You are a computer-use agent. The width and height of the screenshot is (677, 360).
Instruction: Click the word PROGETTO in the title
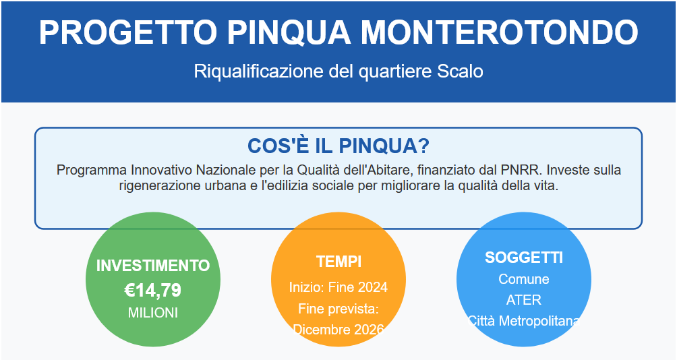tap(128, 32)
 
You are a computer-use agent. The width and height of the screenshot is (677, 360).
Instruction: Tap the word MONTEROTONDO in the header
tap(499, 32)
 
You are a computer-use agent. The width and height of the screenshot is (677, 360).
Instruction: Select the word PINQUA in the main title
tap(289, 32)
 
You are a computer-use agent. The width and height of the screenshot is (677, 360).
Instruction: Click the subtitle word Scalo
tap(460, 71)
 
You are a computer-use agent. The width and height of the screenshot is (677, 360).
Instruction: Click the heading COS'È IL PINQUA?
tap(338, 146)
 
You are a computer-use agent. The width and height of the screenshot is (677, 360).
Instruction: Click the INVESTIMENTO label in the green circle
tap(153, 266)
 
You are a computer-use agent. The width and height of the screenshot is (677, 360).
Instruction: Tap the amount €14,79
tap(153, 290)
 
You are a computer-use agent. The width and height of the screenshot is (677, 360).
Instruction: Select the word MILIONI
tap(153, 313)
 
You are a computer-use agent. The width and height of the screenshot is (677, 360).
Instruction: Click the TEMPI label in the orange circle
tap(338, 262)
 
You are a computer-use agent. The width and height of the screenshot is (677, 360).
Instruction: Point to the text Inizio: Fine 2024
tap(338, 287)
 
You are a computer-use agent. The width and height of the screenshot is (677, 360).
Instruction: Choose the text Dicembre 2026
tap(338, 330)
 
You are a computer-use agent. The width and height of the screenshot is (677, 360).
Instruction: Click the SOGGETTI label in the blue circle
tap(524, 258)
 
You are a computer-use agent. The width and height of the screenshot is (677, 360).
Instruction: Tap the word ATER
tap(524, 299)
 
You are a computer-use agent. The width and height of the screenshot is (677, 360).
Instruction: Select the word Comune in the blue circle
tap(524, 279)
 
